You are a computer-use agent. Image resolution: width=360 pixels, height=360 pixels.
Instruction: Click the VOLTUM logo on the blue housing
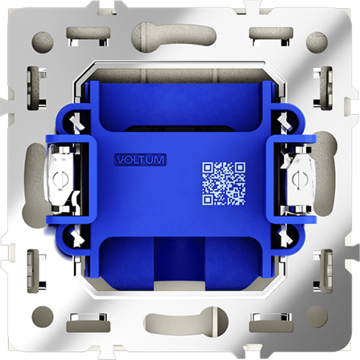pos(140,160)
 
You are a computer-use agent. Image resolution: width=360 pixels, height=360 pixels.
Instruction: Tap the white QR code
pos(223,183)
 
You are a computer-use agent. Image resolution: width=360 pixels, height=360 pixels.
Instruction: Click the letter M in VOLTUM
pos(160,160)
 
